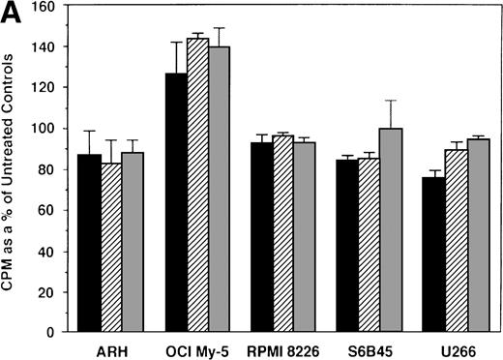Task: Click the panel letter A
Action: point(11,11)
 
